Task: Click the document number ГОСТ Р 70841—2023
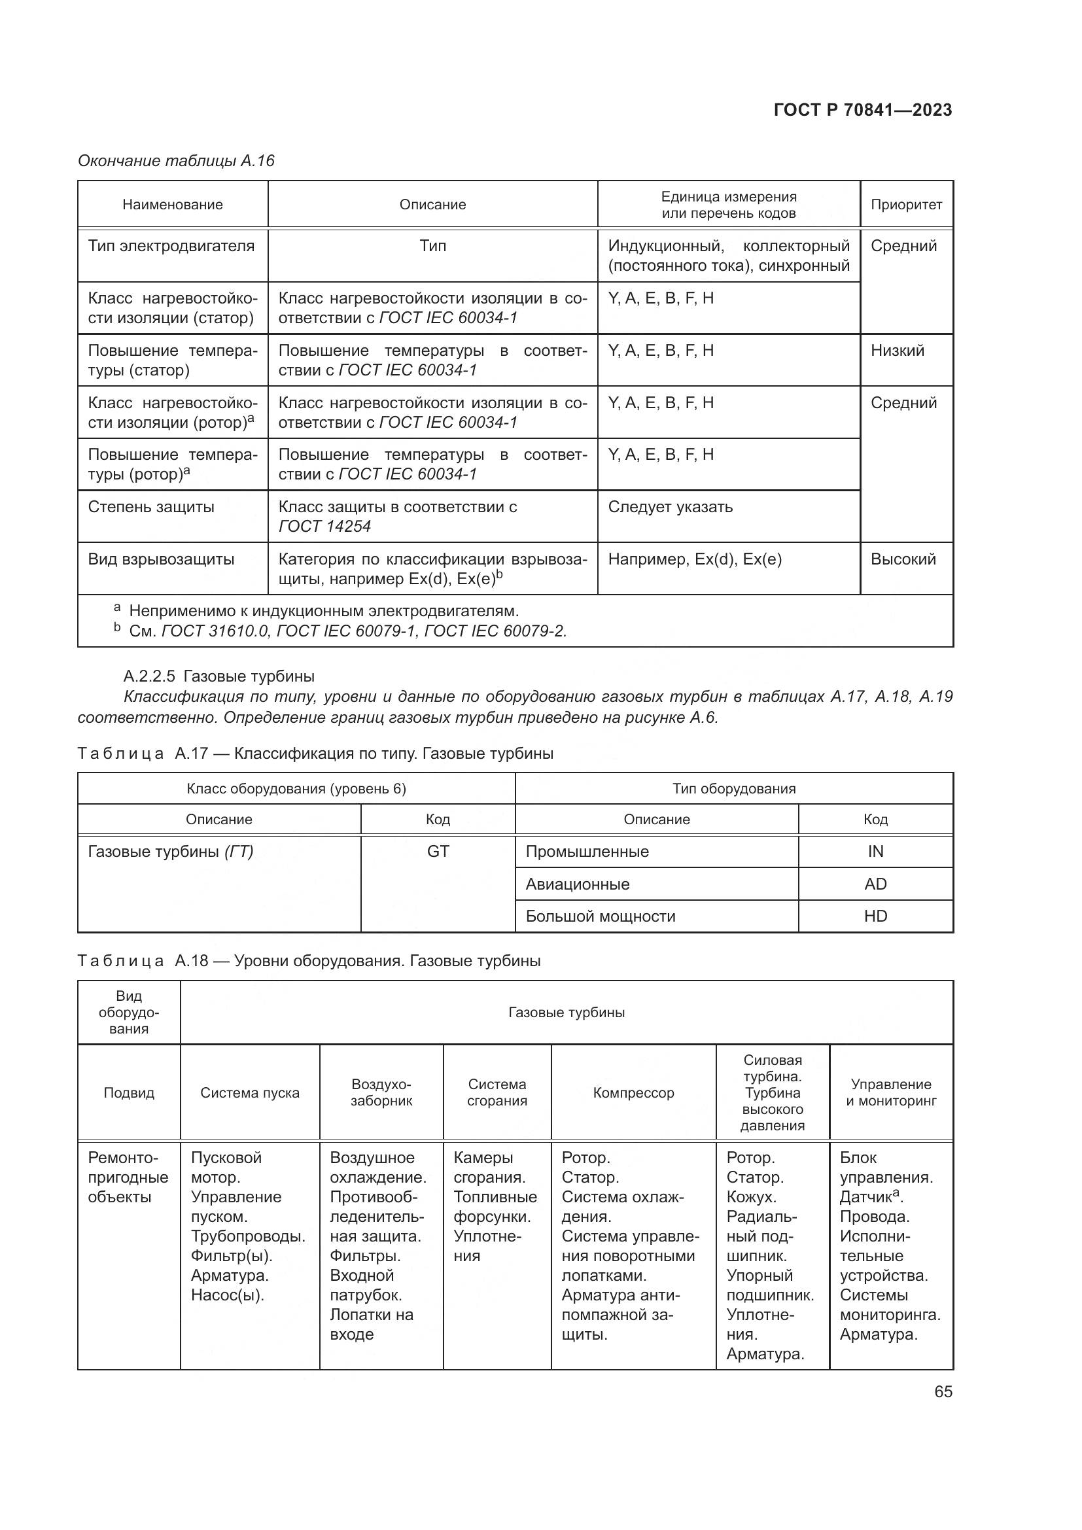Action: (x=863, y=111)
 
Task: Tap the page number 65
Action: (x=943, y=1391)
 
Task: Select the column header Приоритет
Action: (x=906, y=205)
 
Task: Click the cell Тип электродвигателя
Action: (x=171, y=246)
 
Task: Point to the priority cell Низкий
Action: (x=898, y=351)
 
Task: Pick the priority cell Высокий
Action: (x=903, y=559)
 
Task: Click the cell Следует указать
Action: (x=671, y=507)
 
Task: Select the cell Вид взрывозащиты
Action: (x=161, y=559)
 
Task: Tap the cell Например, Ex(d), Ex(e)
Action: (x=695, y=559)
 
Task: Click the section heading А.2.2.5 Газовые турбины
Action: (x=219, y=676)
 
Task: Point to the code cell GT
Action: (x=438, y=852)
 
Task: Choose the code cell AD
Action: (x=875, y=884)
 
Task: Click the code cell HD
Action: (x=875, y=916)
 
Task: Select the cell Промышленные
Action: (x=587, y=852)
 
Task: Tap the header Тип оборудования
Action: (x=733, y=789)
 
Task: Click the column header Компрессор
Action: (x=634, y=1093)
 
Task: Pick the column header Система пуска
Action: (x=250, y=1093)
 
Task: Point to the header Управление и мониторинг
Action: (x=891, y=1093)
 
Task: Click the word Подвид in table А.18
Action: (x=129, y=1093)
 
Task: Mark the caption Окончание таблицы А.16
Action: (x=176, y=161)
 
